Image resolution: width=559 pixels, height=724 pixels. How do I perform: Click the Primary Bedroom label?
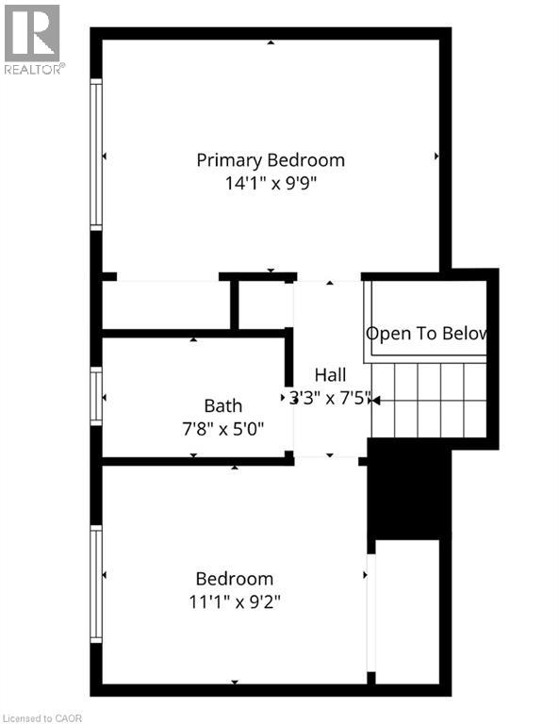click(x=271, y=160)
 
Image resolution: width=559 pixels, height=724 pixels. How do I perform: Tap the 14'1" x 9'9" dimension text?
click(x=271, y=184)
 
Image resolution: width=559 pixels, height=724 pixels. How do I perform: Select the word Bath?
click(x=223, y=406)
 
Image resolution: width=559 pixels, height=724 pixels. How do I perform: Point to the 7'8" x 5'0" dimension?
click(x=223, y=427)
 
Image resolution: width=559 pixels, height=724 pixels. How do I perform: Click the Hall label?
click(x=330, y=374)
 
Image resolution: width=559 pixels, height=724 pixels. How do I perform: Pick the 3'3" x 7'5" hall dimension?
click(x=331, y=399)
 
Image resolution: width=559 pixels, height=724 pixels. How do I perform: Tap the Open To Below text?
click(x=427, y=333)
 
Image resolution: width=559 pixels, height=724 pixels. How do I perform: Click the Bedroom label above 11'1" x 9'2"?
click(x=235, y=579)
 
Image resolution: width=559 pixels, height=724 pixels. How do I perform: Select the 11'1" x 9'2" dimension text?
click(x=235, y=601)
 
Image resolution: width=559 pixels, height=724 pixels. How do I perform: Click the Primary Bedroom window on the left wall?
click(x=96, y=154)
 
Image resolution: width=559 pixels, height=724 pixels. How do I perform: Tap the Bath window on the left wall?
click(x=96, y=395)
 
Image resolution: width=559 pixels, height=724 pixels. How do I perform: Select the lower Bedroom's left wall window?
click(x=96, y=584)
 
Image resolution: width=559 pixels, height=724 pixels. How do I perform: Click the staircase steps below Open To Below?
click(x=429, y=400)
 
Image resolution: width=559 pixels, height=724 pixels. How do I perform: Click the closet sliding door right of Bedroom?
click(x=371, y=613)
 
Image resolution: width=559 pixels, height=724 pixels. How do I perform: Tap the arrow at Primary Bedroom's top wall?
click(x=271, y=42)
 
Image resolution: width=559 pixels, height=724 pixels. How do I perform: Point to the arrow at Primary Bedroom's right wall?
click(x=436, y=156)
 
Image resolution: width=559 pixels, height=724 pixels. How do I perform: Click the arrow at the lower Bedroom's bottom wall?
click(x=235, y=682)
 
